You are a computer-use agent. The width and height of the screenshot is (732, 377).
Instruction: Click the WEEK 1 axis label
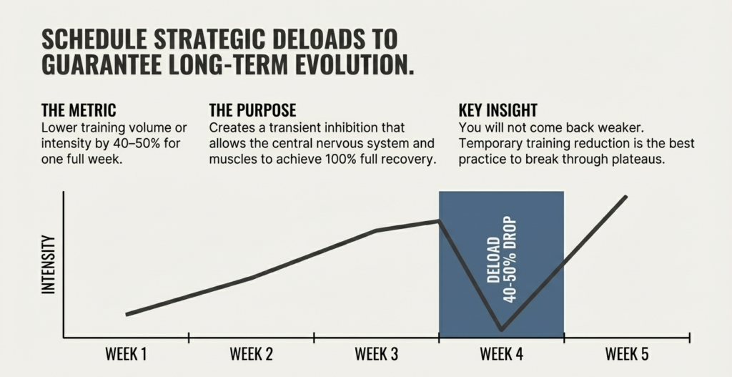tap(126, 353)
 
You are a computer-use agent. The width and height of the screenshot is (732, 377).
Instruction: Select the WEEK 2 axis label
tap(251, 353)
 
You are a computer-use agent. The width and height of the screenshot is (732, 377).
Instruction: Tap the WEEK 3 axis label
tap(376, 353)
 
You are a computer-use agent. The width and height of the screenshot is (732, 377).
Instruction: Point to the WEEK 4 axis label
tap(501, 353)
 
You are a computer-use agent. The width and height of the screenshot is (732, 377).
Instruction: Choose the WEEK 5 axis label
tap(626, 353)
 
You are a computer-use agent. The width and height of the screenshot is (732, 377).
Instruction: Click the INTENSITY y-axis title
tap(49, 264)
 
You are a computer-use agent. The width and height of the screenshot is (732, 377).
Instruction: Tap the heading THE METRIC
tap(79, 111)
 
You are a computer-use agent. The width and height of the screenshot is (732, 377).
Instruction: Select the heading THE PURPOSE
tap(252, 111)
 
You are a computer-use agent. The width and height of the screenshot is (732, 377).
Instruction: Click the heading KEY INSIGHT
tap(498, 111)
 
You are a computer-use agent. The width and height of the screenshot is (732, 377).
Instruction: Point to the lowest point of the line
tap(501, 330)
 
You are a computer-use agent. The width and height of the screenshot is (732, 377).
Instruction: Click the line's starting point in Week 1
tap(127, 314)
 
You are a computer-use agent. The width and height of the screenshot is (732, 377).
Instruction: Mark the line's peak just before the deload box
tap(438, 221)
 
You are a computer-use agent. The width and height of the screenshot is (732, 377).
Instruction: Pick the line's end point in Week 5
tap(627, 196)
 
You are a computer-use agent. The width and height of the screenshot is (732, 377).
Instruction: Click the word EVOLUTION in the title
tap(347, 64)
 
